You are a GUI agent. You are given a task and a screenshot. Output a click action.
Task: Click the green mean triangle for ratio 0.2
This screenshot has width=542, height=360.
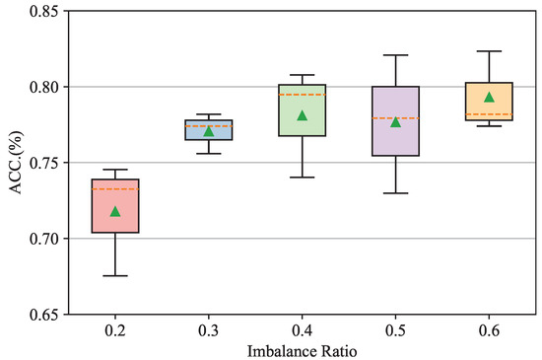[x=115, y=211]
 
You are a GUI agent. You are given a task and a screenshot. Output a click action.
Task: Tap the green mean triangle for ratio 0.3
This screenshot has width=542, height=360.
[x=208, y=130]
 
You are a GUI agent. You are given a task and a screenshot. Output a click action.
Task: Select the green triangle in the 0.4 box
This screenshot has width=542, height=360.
[x=303, y=115]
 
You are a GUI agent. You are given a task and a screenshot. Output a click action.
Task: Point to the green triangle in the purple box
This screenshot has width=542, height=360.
[x=395, y=121]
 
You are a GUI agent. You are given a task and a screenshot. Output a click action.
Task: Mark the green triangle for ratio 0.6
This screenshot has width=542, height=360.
[x=489, y=97]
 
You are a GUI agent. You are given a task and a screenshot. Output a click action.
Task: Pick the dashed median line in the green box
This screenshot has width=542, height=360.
[x=303, y=95]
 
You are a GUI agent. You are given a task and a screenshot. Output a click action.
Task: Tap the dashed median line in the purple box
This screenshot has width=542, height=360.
[x=395, y=118]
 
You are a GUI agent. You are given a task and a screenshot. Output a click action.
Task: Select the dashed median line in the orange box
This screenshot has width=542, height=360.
[x=489, y=114]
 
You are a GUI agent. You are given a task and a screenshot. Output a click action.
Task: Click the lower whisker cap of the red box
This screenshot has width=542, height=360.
[x=115, y=275]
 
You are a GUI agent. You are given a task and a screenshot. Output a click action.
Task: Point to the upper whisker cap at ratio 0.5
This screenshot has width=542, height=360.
[x=395, y=55]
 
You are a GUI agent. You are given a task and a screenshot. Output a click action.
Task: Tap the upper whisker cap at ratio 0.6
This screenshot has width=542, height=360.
[x=489, y=51]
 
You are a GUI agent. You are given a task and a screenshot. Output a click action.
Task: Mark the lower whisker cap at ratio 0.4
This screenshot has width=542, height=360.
[x=303, y=178]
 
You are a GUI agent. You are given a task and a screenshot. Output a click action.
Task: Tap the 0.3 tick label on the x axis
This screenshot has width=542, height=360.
[x=208, y=328]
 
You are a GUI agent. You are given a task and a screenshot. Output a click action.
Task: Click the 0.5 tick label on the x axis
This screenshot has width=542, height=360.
[x=395, y=328]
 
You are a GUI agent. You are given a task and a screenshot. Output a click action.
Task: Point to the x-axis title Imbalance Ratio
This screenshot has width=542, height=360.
[x=302, y=349]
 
